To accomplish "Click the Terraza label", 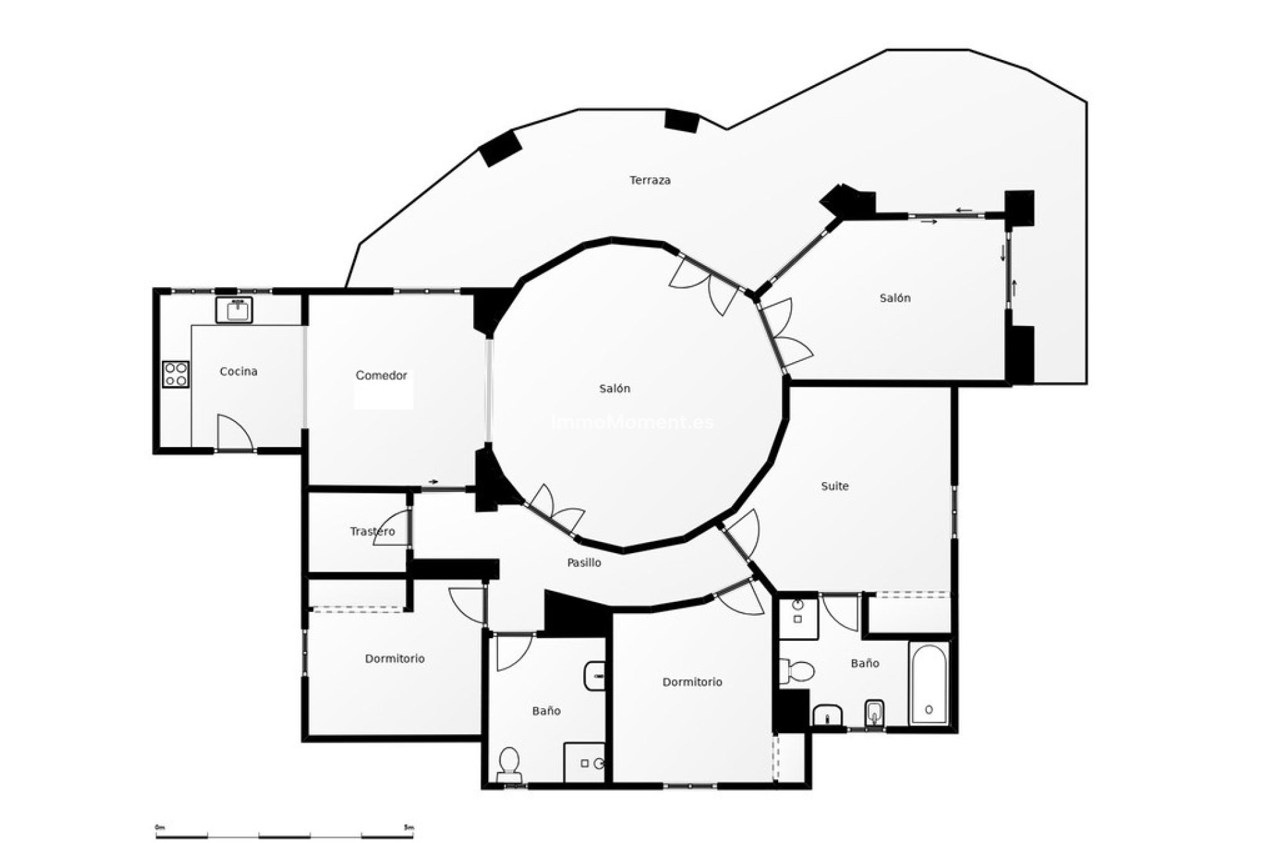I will coord(650,180).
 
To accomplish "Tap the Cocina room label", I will coord(239,371).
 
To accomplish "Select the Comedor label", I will coord(381,375).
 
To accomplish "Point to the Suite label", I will coord(835,486).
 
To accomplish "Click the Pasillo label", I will coord(584,562).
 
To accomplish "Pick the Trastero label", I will coord(372,531).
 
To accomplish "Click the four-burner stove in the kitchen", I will coord(176,374).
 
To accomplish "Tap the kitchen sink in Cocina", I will coord(234,310).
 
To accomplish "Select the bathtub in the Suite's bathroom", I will coord(928,684).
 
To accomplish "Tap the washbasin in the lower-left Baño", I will coord(595,676).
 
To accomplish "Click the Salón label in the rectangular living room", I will coord(895,298).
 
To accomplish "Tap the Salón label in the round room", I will coord(614,389).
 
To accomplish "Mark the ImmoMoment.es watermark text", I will coord(632,422).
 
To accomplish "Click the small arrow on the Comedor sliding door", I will coord(433,482).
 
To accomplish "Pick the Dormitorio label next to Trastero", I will coord(395,659).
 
